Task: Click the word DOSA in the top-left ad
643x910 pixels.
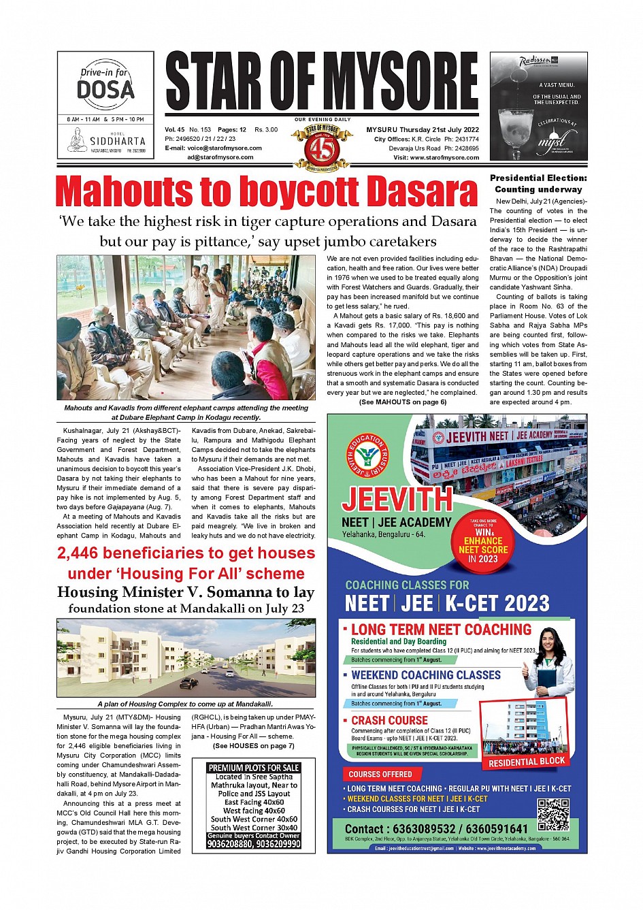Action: tap(105, 90)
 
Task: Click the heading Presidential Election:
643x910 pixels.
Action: tap(538, 178)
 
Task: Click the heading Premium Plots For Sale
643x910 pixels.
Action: tap(254, 768)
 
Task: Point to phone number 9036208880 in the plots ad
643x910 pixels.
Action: tap(230, 844)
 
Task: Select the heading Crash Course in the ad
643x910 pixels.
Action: tap(389, 720)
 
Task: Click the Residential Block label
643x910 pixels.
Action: tap(527, 762)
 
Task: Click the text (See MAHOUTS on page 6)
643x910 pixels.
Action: tap(403, 402)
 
